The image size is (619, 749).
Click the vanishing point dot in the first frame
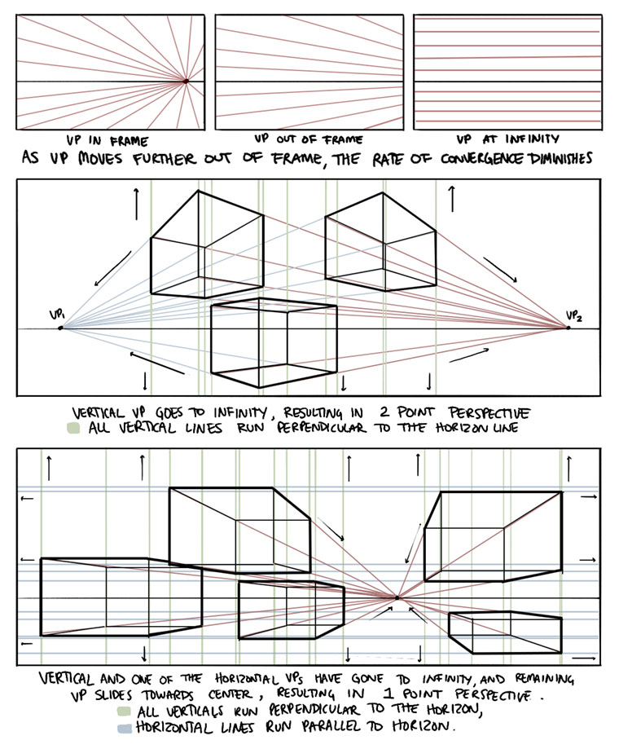coord(186,81)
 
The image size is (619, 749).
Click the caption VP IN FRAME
coord(108,140)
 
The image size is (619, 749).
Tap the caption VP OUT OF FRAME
coord(308,139)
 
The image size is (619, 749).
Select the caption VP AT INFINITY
coord(507,139)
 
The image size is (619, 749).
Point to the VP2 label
coord(575,315)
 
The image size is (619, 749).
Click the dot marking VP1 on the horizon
coord(60,328)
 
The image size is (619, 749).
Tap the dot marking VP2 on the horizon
coord(569,328)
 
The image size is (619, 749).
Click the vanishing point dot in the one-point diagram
coord(397,598)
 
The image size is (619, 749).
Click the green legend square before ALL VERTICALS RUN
coord(122,709)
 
